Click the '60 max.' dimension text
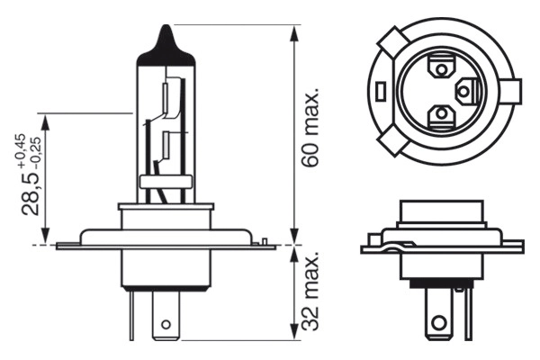[312, 130]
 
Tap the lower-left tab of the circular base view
[393, 141]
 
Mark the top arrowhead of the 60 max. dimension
[295, 32]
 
